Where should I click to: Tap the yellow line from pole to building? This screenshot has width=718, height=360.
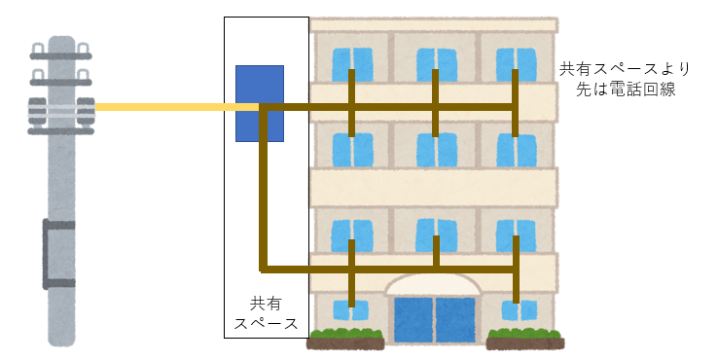pos(178,107)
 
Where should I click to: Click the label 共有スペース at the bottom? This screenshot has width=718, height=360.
pos(266,313)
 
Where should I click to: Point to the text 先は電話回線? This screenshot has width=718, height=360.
pos(626,90)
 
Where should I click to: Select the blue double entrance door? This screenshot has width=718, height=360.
pos(435,320)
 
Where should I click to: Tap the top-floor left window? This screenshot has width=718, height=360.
pos(352,64)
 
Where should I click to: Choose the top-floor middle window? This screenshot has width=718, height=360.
pos(437,64)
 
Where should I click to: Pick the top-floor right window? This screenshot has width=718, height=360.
pos(516,64)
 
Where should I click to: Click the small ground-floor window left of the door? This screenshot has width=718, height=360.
pos(351,310)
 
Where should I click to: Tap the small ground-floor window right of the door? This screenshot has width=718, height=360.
pos(520,310)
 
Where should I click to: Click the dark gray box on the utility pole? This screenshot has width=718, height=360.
pos(59,254)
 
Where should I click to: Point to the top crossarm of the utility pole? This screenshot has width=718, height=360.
pos(61,55)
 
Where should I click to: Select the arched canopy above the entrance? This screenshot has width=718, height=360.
pos(434,284)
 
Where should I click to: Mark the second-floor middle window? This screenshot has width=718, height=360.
pos(436,234)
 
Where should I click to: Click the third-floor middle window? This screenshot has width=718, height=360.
pos(437,150)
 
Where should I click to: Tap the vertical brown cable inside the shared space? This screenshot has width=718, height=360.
pos(263,188)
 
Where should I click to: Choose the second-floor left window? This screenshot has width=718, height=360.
pos(351,235)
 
